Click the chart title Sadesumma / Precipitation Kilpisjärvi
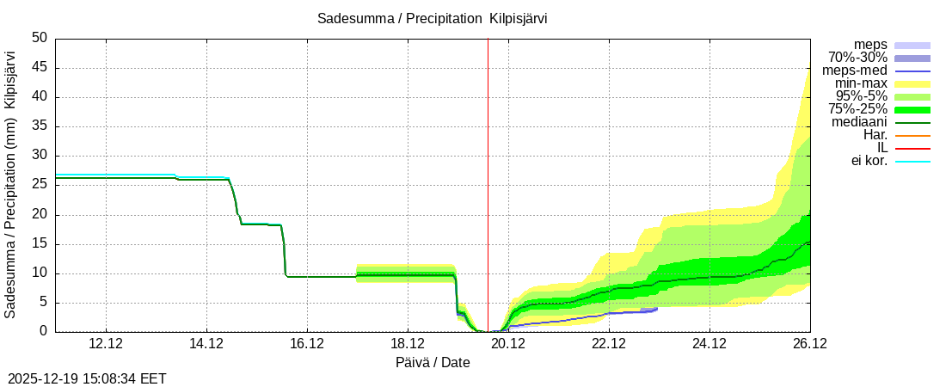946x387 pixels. click(432, 18)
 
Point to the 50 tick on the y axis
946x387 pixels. click(40, 38)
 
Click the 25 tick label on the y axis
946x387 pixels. click(40, 185)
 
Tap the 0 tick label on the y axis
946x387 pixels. click(43, 332)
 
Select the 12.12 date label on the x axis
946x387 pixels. click(106, 345)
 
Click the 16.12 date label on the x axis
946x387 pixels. click(307, 345)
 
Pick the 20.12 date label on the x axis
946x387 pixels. click(508, 345)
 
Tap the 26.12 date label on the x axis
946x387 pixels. click(809, 345)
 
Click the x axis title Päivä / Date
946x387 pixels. click(433, 362)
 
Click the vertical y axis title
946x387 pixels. click(10, 184)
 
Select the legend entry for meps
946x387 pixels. click(870, 45)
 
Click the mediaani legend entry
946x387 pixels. click(859, 122)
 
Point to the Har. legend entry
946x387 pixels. click(875, 135)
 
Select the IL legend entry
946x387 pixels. click(881, 148)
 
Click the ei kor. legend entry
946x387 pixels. click(869, 161)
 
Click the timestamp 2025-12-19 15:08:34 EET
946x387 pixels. click(87, 378)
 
